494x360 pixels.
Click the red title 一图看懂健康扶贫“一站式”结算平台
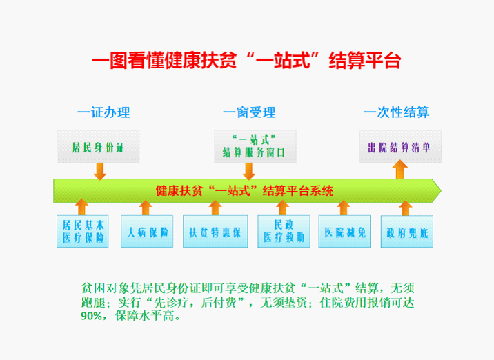(x=246, y=61)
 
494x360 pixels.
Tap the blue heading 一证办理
(x=103, y=112)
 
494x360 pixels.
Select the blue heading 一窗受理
(x=249, y=112)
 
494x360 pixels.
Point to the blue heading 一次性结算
(x=396, y=112)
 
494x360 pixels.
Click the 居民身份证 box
(x=99, y=146)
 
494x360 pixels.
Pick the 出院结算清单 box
(x=399, y=146)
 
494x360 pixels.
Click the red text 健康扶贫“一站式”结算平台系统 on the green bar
(x=245, y=190)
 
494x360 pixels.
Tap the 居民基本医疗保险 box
(x=83, y=232)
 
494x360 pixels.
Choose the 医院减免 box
(x=346, y=232)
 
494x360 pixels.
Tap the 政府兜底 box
(x=406, y=232)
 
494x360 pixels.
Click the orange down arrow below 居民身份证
(x=100, y=170)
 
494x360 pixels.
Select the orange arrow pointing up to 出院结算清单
(x=399, y=169)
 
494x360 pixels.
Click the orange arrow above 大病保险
(x=146, y=208)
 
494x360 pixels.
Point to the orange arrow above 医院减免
(x=344, y=208)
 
